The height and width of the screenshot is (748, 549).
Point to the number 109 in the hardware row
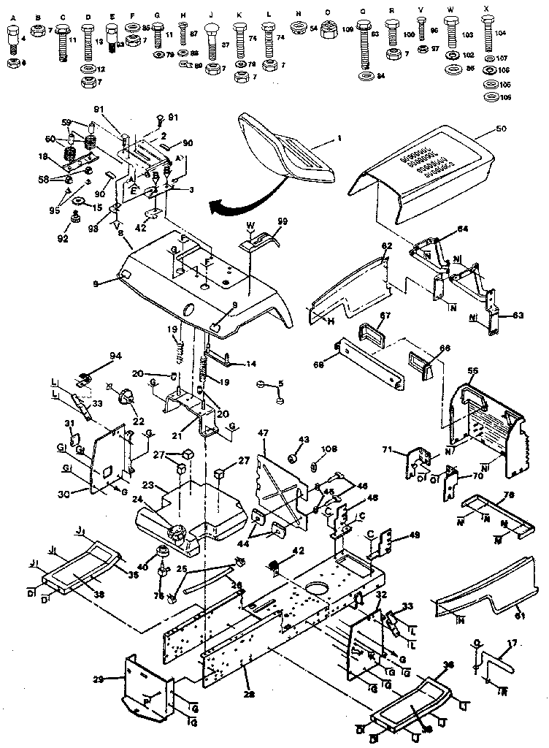[x=348, y=29]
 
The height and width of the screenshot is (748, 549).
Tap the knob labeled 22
[x=127, y=397]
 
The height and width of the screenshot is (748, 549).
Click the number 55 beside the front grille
[x=473, y=371]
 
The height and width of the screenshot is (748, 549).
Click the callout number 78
[x=510, y=495]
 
